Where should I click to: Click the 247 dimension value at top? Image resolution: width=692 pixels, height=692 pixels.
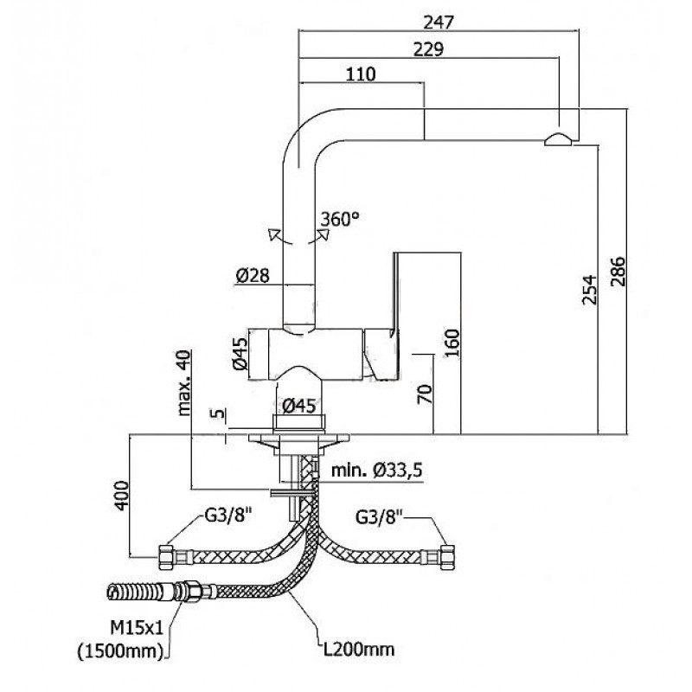click(439, 22)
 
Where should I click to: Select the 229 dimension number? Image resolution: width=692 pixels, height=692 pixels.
click(428, 49)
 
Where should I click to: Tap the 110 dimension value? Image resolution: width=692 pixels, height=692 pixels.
click(361, 74)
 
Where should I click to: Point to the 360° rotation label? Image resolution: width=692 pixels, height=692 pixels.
click(340, 219)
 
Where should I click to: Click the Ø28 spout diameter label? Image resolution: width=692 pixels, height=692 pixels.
click(252, 276)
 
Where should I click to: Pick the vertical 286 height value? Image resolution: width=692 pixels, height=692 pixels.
click(618, 272)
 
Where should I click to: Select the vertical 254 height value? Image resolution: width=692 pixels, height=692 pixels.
click(589, 290)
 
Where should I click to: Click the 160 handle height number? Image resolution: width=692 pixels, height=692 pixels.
click(452, 343)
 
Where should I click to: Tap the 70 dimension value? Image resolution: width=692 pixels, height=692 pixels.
click(425, 394)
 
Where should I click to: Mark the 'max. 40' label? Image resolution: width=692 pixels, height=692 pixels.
click(184, 382)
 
